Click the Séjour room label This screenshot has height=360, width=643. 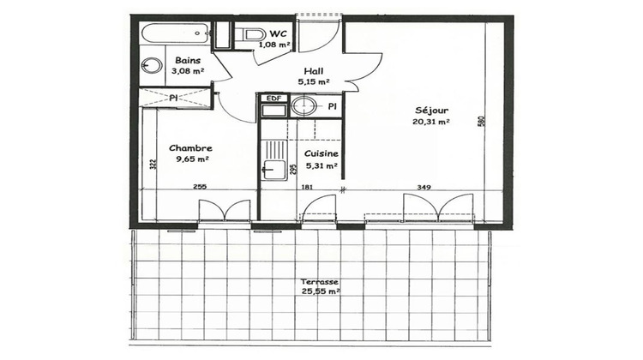431,110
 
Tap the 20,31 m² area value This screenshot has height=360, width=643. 431,122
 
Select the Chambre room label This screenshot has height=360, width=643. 190,147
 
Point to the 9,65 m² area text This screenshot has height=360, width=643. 192,159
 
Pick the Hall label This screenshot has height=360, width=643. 312,71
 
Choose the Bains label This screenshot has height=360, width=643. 188,60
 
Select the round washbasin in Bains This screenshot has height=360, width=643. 152,67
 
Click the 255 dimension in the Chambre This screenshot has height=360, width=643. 199,187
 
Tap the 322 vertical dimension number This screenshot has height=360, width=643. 151,165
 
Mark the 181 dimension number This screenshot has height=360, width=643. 308,187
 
